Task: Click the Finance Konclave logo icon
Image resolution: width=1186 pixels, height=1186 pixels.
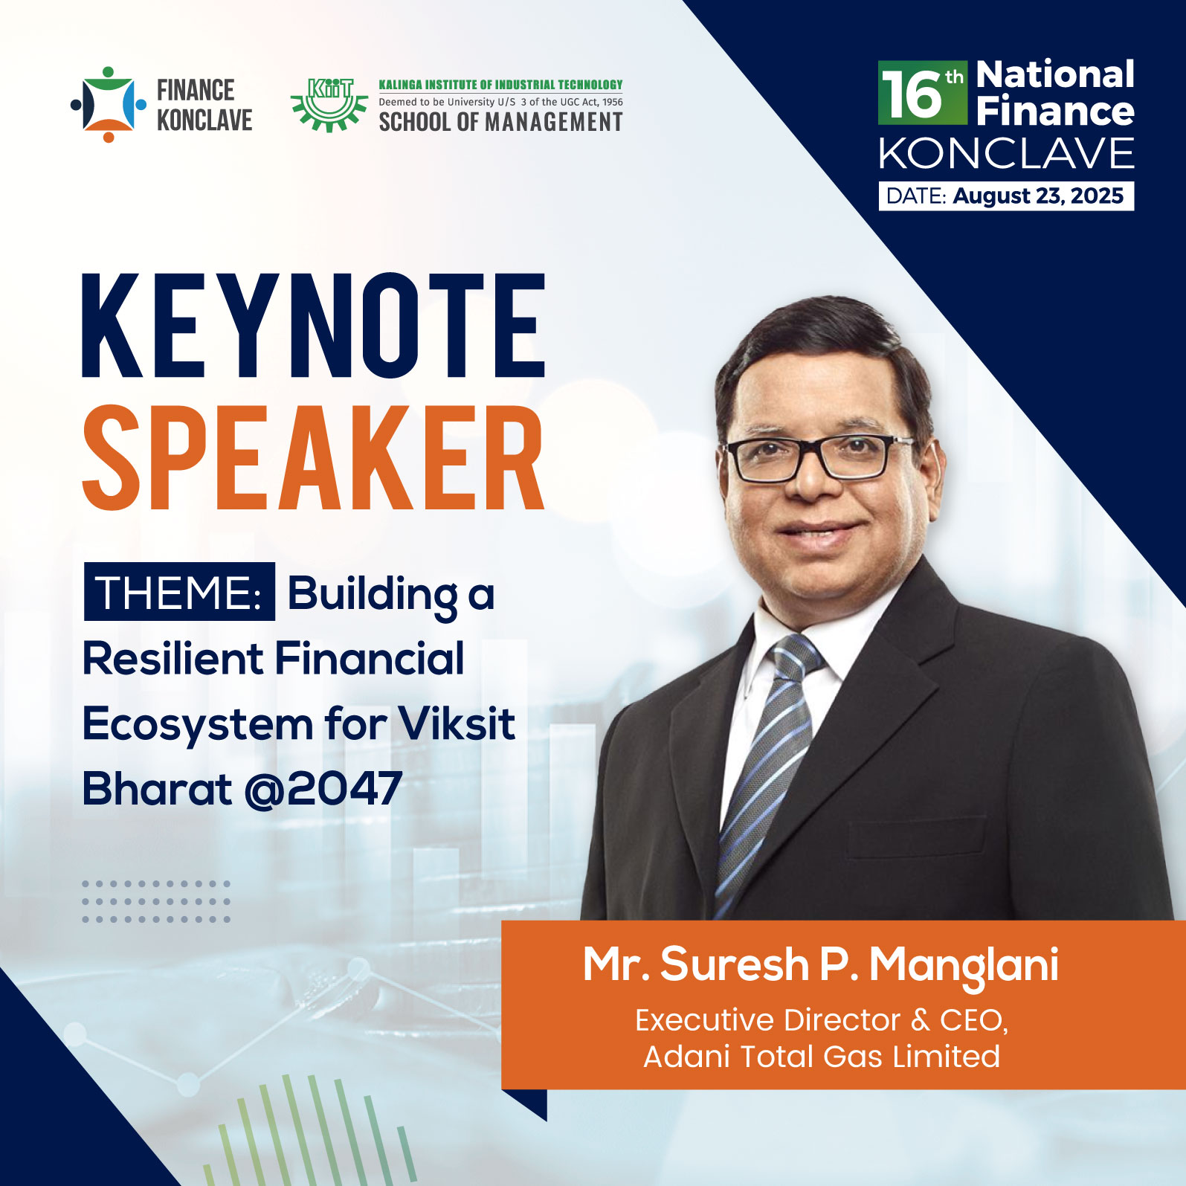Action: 109,104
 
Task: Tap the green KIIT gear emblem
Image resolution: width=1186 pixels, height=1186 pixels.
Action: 329,105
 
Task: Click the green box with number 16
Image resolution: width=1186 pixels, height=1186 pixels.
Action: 923,92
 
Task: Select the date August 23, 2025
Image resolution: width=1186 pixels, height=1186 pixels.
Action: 1038,196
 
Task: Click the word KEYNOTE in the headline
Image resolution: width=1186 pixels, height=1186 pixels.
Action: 314,326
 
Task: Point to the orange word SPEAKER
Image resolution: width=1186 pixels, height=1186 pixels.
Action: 313,457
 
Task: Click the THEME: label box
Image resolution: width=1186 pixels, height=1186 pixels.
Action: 179,592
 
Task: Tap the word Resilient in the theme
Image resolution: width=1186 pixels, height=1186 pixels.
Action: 173,659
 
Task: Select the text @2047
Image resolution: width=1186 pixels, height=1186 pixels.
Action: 323,788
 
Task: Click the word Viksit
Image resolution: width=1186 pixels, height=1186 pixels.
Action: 457,723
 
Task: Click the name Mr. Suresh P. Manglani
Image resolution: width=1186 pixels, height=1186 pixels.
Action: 820,965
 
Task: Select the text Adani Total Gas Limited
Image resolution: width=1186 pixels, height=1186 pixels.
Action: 822,1056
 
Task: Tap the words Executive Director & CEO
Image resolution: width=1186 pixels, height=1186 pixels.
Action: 822,1019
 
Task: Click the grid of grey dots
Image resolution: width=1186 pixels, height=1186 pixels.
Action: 156,901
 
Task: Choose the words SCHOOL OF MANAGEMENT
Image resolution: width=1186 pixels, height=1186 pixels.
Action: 500,121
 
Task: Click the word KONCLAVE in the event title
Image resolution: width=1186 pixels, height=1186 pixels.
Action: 1006,153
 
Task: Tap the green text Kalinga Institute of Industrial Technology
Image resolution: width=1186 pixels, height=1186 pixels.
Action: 500,85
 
